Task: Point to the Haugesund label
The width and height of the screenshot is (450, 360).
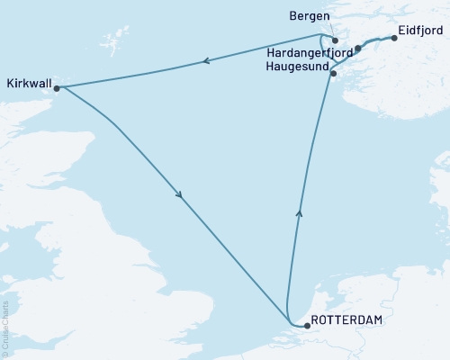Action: point(298,67)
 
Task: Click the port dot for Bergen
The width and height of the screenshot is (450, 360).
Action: point(334,40)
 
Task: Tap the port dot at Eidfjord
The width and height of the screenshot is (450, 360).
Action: point(393,39)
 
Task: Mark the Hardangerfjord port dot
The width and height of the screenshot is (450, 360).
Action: point(357,49)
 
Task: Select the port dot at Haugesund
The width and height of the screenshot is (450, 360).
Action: point(333,73)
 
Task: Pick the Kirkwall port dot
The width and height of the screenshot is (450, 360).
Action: point(56,88)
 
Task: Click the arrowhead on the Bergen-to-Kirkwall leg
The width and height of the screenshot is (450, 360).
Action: point(206,62)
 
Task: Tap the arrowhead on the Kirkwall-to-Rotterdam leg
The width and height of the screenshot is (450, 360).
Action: point(182,195)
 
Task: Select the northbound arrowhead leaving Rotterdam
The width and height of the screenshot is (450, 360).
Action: point(299,213)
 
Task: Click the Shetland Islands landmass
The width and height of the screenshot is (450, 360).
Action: point(112,40)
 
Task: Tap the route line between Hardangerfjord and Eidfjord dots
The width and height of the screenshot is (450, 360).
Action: point(376,41)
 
